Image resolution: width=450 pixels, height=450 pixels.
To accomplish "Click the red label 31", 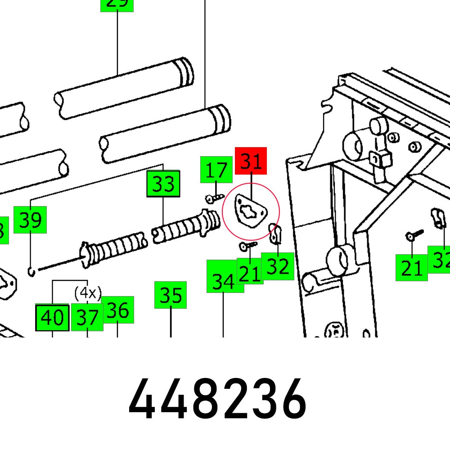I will pos(251,161).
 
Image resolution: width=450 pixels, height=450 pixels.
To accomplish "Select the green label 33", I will pos(163,184).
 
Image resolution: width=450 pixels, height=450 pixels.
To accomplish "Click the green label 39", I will pos(30,220).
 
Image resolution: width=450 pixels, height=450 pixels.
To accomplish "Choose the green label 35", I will pos(171,295).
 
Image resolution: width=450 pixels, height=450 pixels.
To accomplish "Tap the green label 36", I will pos(117,310).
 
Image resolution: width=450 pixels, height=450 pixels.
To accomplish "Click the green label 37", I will pos(87,317).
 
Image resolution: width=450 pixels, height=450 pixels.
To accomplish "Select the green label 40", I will pos(52,317).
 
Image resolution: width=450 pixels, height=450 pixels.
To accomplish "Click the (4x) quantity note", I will pos(87,293).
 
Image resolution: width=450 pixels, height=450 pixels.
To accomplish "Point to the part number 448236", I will pos(217,400).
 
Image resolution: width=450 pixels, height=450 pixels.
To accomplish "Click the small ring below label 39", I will pos(30,271).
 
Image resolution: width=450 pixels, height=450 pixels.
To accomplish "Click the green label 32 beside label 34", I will pos(278,266).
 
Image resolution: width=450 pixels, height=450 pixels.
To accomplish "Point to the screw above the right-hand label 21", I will pos(414,234).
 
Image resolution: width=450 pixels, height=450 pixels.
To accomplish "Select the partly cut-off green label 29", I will pos(117,4).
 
